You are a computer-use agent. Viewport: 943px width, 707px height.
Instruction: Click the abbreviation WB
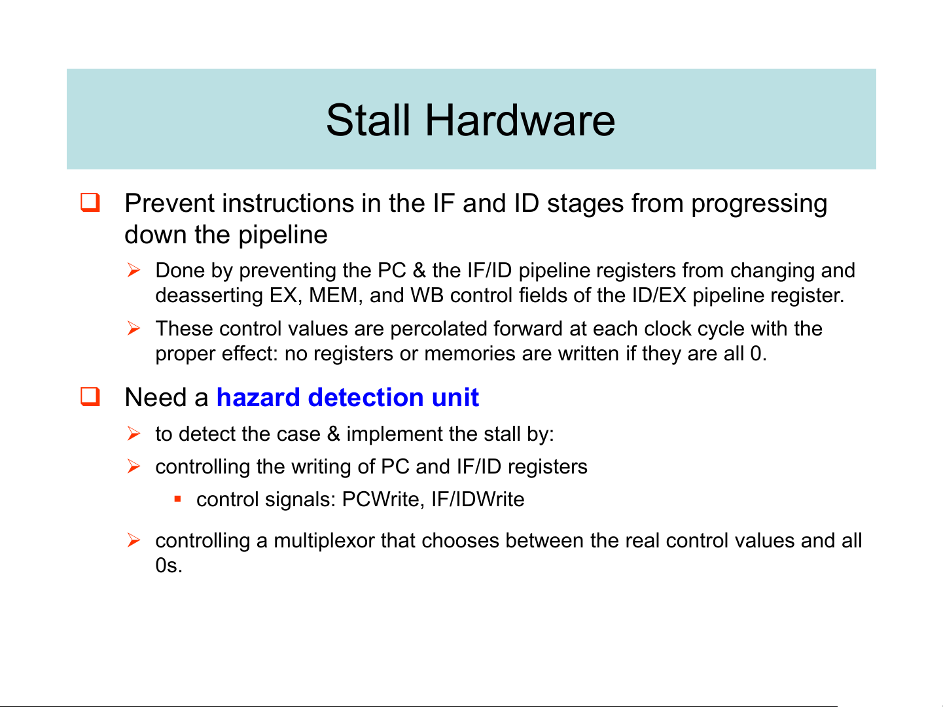pyautogui.click(x=427, y=296)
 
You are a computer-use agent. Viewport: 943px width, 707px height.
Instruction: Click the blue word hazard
pyautogui.click(x=258, y=397)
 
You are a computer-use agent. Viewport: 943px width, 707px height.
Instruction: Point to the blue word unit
pyautogui.click(x=455, y=397)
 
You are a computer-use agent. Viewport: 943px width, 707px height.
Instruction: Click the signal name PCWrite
pyautogui.click(x=381, y=499)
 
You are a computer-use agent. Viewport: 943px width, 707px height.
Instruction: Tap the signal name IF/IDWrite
pyautogui.click(x=478, y=499)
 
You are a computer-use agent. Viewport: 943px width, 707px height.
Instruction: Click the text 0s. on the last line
pyautogui.click(x=169, y=565)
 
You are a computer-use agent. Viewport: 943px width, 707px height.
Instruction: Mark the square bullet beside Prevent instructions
pyautogui.click(x=90, y=202)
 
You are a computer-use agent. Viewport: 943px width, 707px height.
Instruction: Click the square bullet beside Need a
pyautogui.click(x=90, y=396)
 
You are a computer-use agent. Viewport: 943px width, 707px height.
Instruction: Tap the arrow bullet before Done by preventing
pyautogui.click(x=134, y=270)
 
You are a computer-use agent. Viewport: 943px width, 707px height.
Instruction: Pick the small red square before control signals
pyautogui.click(x=178, y=499)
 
